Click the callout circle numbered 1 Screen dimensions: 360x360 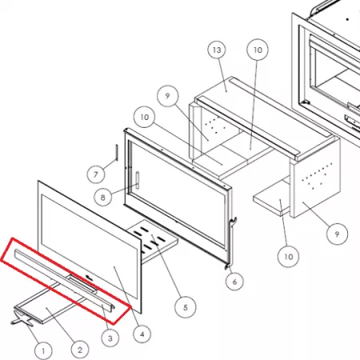click(x=43, y=350)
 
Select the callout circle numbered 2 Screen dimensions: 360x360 click(x=80, y=350)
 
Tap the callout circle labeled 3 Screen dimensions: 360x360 click(x=110, y=338)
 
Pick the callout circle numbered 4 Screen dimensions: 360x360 click(x=142, y=334)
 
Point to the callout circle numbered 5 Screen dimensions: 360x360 click(x=186, y=307)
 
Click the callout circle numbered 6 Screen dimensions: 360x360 click(x=234, y=282)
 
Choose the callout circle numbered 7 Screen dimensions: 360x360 click(x=96, y=174)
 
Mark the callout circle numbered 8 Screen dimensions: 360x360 click(x=103, y=198)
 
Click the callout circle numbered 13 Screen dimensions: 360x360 click(x=217, y=50)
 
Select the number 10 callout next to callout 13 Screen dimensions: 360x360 click(x=258, y=50)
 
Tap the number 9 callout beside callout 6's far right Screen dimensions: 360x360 click(x=337, y=234)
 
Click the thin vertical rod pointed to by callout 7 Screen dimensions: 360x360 click(x=116, y=153)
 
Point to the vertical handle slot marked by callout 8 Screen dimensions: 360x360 click(x=138, y=180)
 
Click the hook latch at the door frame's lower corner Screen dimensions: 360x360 click(x=233, y=223)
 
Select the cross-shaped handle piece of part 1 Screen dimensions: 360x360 click(x=22, y=318)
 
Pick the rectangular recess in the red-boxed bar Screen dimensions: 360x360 click(x=82, y=284)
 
